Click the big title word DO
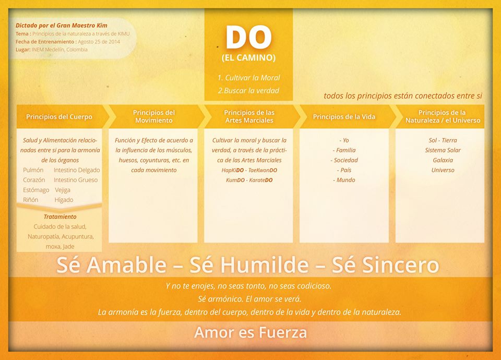248,37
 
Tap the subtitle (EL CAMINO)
248,58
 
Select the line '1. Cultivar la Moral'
248,78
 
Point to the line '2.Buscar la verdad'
248,91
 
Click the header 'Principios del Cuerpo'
59,117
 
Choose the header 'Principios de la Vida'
344,117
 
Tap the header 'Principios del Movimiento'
153,116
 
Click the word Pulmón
33,170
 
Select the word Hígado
64,200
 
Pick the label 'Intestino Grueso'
76,180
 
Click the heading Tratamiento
60,217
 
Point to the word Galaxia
443,160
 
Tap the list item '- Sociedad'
344,160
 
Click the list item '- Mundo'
344,180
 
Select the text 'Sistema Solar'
443,150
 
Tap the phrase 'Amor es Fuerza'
250,332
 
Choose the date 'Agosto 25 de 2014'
99,42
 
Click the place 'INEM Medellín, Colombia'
59,50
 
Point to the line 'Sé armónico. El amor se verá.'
249,299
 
